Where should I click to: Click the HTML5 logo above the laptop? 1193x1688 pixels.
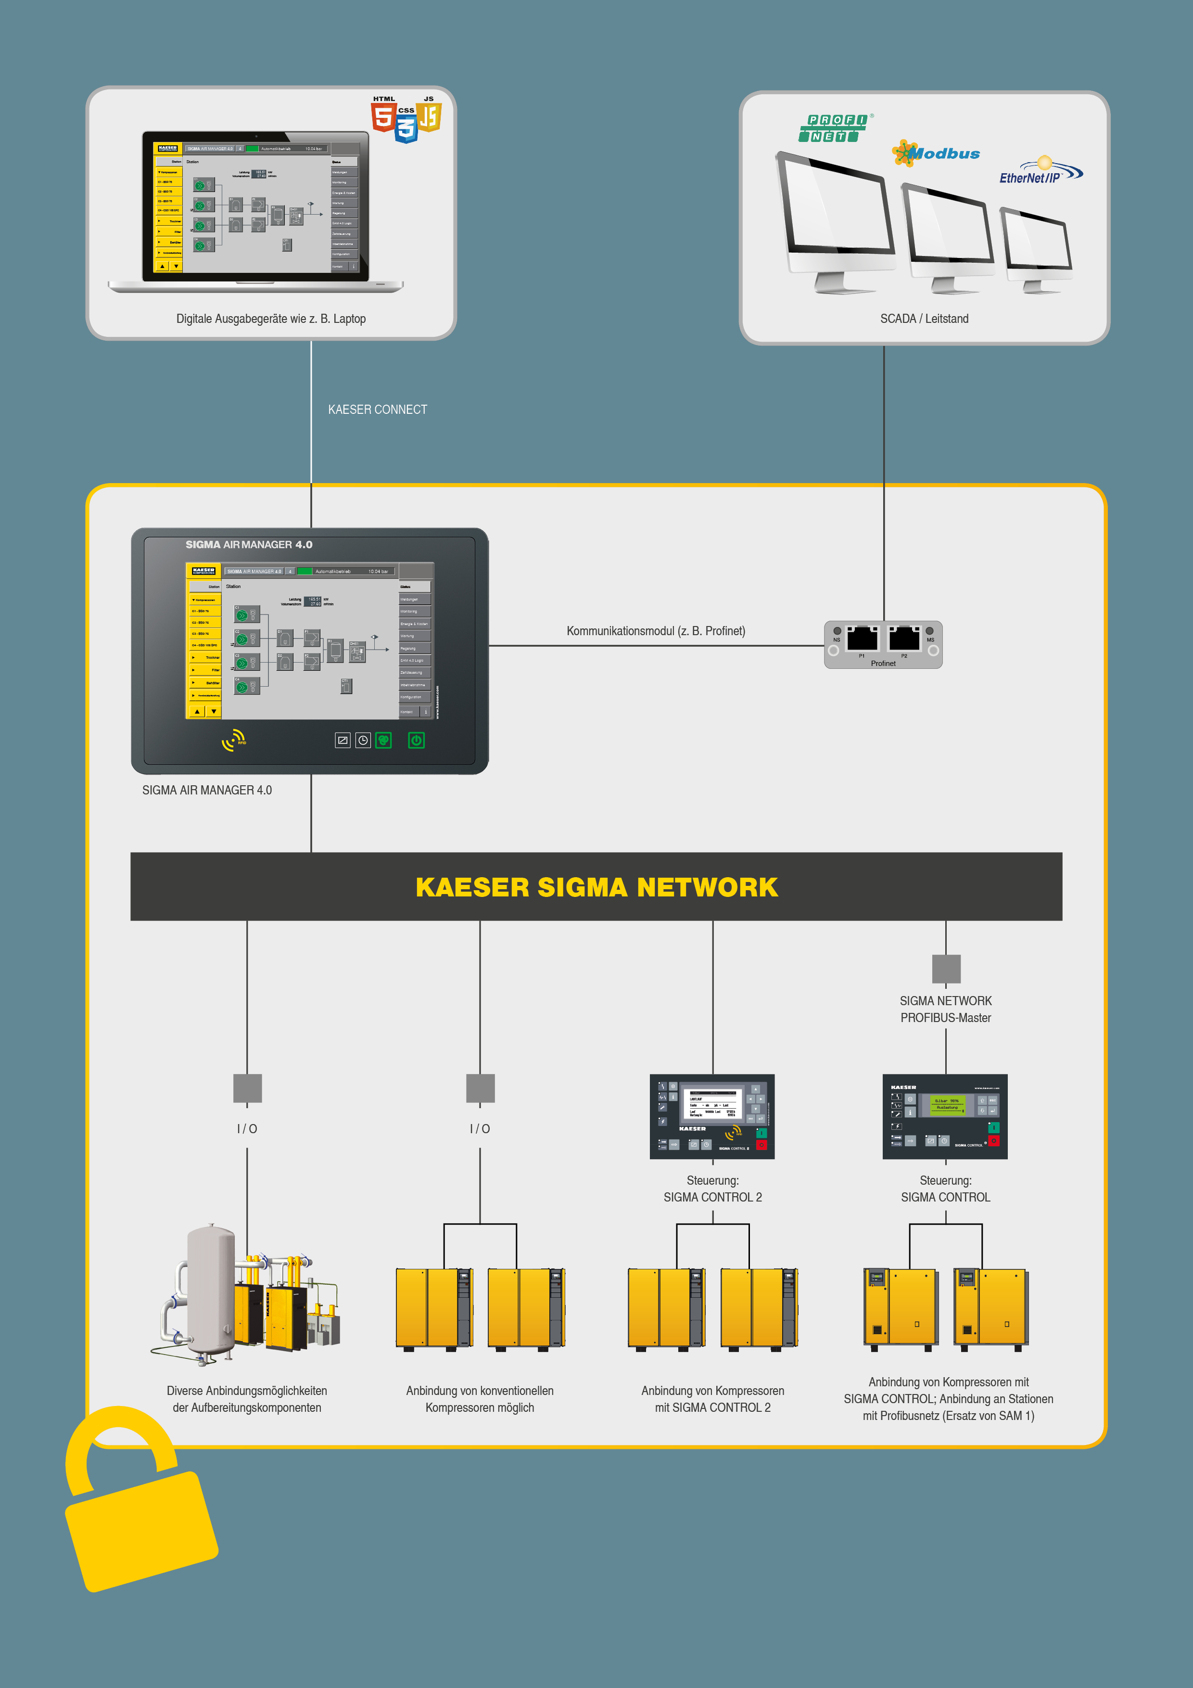coord(382,115)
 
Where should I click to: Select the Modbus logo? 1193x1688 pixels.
coord(937,153)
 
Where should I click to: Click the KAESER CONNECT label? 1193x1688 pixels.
coord(377,409)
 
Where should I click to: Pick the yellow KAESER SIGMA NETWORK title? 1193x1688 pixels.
coord(596,887)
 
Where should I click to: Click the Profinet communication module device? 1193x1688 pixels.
coord(883,645)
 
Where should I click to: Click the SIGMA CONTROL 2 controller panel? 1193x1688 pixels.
coord(711,1116)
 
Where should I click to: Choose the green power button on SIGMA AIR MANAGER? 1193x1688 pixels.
coord(416,741)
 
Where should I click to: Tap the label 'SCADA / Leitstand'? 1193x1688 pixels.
coord(924,319)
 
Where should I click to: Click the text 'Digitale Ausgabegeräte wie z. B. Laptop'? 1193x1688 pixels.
coord(270,319)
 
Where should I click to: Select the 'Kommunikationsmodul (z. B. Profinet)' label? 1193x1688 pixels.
coord(656,631)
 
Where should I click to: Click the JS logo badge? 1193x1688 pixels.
coord(429,115)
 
